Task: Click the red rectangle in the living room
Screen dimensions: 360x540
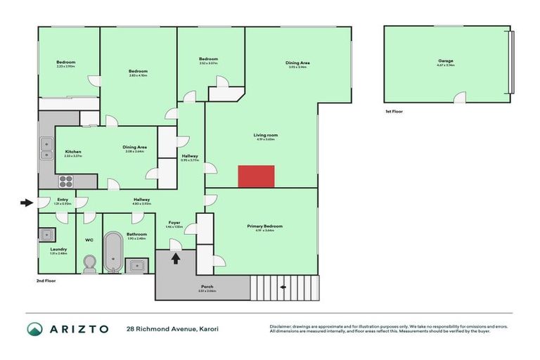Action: [x=256, y=176]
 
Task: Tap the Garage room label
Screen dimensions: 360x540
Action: [x=446, y=61]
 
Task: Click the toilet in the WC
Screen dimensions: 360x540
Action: [x=89, y=264]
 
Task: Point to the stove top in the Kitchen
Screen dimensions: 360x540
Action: [x=65, y=181]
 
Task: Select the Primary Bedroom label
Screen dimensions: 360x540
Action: [x=264, y=226]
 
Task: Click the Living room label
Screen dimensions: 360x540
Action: [x=266, y=135]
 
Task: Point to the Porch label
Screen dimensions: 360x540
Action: [x=207, y=286]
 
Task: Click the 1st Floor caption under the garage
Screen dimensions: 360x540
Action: [x=394, y=111]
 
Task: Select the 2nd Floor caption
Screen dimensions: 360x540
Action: [x=46, y=281]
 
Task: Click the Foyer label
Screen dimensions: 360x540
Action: [x=174, y=222]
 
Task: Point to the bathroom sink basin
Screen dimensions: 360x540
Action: [x=136, y=265]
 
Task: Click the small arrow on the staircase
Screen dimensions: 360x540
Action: [x=283, y=287]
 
